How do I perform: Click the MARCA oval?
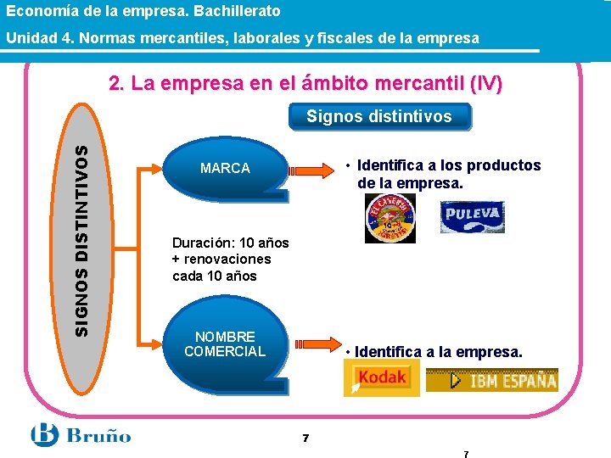225,169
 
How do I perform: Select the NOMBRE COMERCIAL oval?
225,343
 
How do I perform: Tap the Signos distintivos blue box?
378,116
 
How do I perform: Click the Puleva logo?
472,216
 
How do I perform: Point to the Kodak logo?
377,377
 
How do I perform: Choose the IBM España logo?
492,380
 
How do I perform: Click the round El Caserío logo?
390,218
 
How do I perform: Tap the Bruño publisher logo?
81,435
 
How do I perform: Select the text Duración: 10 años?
230,242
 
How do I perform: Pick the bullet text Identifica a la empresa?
438,351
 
